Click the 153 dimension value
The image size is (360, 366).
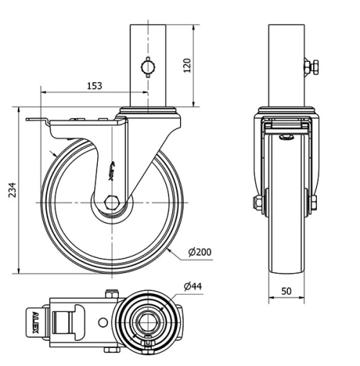click(94, 86)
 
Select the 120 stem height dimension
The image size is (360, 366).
click(188, 66)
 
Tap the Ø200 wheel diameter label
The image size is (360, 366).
click(199, 252)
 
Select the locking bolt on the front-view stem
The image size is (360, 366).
click(310, 67)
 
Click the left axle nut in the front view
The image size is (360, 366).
click(257, 205)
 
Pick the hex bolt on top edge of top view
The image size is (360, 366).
click(109, 293)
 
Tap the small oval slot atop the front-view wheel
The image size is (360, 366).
click(287, 136)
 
